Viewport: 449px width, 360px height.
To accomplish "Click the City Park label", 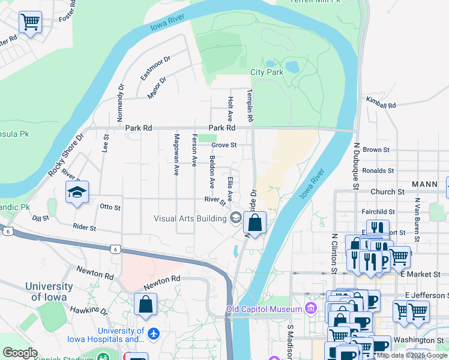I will (266, 73).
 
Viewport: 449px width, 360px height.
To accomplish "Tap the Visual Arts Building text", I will (190, 218).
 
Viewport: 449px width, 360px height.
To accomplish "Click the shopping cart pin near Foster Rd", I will (30, 23).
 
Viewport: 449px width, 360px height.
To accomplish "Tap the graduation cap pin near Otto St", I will (77, 193).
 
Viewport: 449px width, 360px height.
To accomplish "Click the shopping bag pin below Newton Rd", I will (145, 304).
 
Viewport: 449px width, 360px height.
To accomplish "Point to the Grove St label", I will (224, 145).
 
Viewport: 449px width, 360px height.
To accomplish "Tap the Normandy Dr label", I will (121, 100).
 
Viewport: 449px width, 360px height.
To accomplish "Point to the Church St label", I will (387, 192).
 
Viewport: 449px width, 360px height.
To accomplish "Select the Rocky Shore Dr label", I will (65, 155).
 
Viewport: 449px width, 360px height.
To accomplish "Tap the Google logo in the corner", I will (20, 353).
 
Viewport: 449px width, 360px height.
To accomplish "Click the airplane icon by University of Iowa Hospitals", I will (154, 332).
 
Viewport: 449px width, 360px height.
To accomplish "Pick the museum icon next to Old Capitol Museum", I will (310, 309).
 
